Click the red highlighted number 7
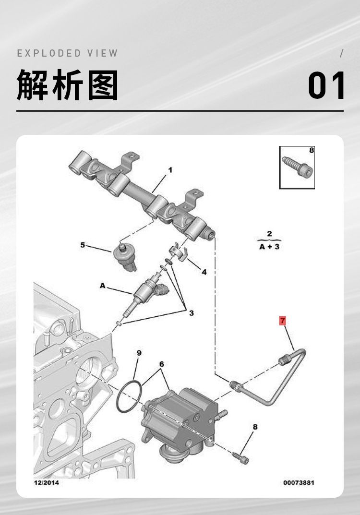(283, 320)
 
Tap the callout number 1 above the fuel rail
(170, 170)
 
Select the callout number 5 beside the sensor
(83, 245)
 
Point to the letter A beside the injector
(103, 286)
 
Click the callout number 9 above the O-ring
(139, 353)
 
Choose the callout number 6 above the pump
(162, 364)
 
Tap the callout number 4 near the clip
(204, 272)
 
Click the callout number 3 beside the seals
(191, 313)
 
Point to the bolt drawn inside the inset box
(297, 167)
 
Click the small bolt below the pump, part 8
(240, 458)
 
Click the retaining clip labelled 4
(179, 252)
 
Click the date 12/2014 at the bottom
(46, 482)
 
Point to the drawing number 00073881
(299, 482)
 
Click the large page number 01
(326, 85)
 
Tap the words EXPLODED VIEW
(67, 53)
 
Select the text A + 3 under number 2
(269, 247)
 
